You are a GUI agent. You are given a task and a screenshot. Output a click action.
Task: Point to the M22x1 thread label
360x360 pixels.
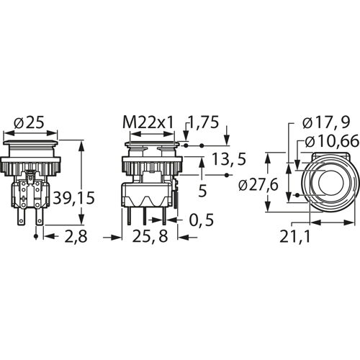[147, 122]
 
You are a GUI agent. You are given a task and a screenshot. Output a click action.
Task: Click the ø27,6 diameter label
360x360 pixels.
[257, 184]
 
